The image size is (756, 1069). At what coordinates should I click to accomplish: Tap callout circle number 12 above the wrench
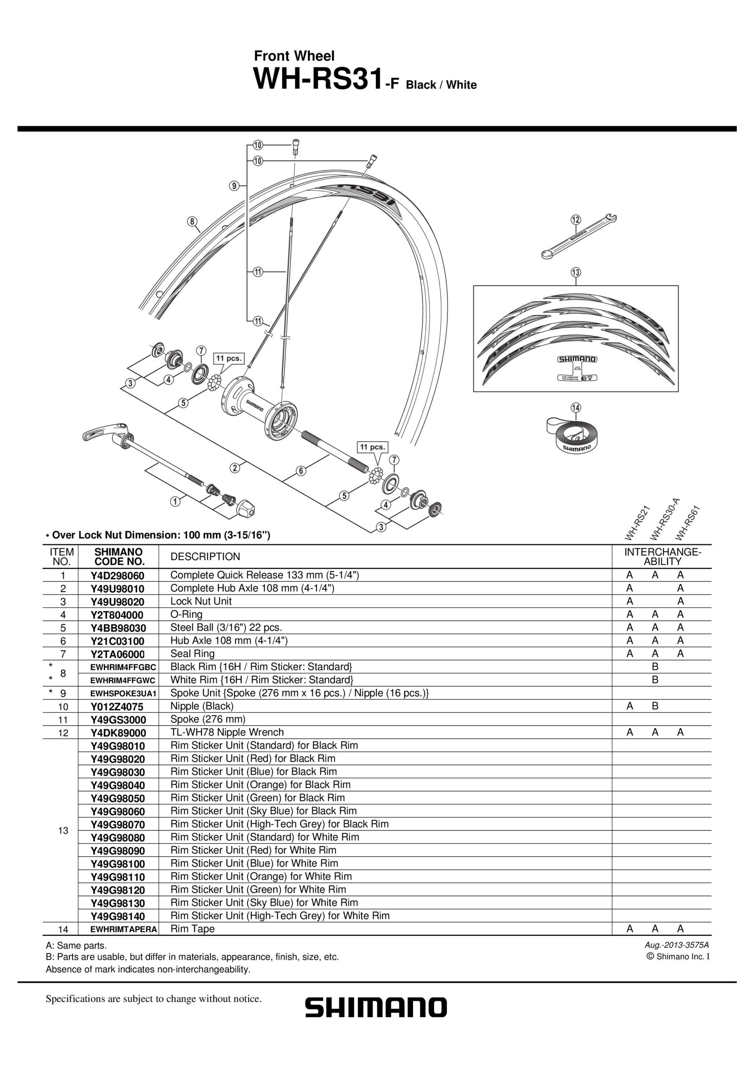(x=576, y=219)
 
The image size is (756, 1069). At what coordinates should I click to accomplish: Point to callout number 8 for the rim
(x=192, y=221)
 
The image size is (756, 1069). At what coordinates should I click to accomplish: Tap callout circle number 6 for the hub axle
(x=302, y=471)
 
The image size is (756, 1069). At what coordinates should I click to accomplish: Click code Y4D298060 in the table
(x=118, y=575)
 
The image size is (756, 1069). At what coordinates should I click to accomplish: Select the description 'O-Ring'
(x=186, y=614)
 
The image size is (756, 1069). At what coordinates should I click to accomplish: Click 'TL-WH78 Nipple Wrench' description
(x=227, y=732)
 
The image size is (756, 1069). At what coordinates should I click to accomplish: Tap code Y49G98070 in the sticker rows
(x=118, y=825)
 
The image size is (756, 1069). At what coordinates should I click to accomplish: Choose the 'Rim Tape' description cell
(x=193, y=929)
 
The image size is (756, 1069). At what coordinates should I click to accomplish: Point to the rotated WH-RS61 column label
(x=687, y=523)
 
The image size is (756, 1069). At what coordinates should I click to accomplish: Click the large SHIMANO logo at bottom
(x=376, y=1008)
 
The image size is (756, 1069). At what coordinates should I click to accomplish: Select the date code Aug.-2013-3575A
(x=676, y=945)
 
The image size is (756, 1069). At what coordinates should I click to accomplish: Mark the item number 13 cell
(x=63, y=830)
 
